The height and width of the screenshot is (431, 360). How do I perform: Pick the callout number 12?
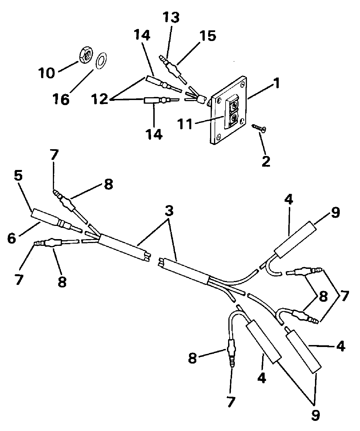point(100,99)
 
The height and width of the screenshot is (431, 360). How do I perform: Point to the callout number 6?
point(12,239)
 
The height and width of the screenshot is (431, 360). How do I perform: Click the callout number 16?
point(61,99)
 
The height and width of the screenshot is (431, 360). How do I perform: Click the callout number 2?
point(266,161)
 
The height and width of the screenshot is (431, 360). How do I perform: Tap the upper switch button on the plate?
point(234,106)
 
